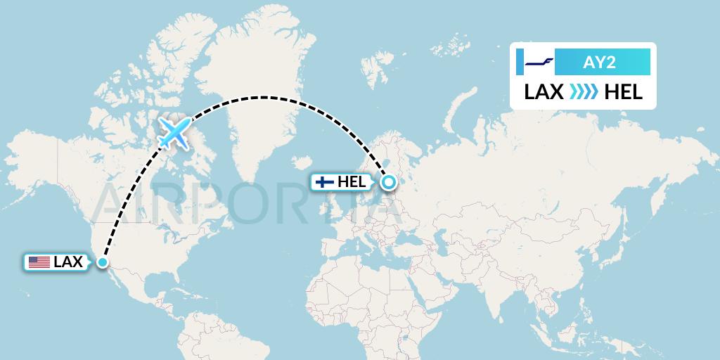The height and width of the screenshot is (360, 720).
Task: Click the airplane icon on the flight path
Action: [x=174, y=133]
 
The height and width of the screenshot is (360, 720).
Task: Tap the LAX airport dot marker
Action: [x=103, y=263]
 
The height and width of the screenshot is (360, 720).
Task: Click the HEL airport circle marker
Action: [x=389, y=183]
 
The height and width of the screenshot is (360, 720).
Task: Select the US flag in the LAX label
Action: [x=39, y=263]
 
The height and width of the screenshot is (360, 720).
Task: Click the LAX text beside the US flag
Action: [x=68, y=263]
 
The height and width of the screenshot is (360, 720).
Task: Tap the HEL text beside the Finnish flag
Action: [x=352, y=182]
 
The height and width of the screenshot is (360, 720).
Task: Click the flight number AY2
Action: [x=599, y=63]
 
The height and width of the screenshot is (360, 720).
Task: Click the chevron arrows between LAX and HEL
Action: [x=584, y=92]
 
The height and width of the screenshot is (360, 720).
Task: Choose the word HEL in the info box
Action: [x=623, y=92]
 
